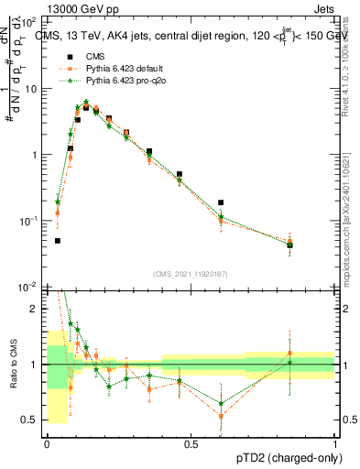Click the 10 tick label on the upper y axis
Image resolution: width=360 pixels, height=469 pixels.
click(34, 89)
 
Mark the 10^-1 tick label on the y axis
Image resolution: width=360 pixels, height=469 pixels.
click(32, 221)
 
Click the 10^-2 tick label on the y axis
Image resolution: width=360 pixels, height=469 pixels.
click(32, 287)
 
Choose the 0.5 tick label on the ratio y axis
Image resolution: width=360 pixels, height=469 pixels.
click(33, 420)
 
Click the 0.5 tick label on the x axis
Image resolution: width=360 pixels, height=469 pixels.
click(191, 444)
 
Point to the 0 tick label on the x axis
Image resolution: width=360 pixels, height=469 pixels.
click(47, 444)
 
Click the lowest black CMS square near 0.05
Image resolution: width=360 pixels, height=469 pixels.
click(58, 241)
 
